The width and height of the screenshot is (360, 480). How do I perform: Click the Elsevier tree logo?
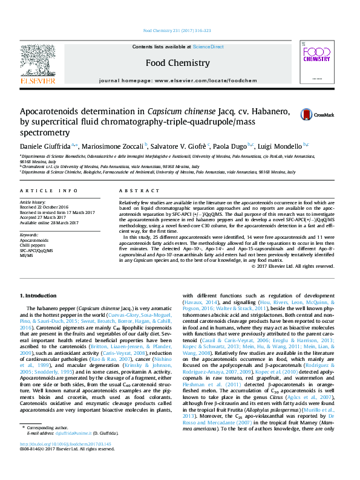[38, 62]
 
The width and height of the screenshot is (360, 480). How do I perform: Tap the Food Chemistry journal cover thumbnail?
[317, 63]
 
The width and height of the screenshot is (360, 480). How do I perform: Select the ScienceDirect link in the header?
[208, 47]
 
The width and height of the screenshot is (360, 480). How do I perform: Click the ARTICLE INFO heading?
[48, 190]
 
